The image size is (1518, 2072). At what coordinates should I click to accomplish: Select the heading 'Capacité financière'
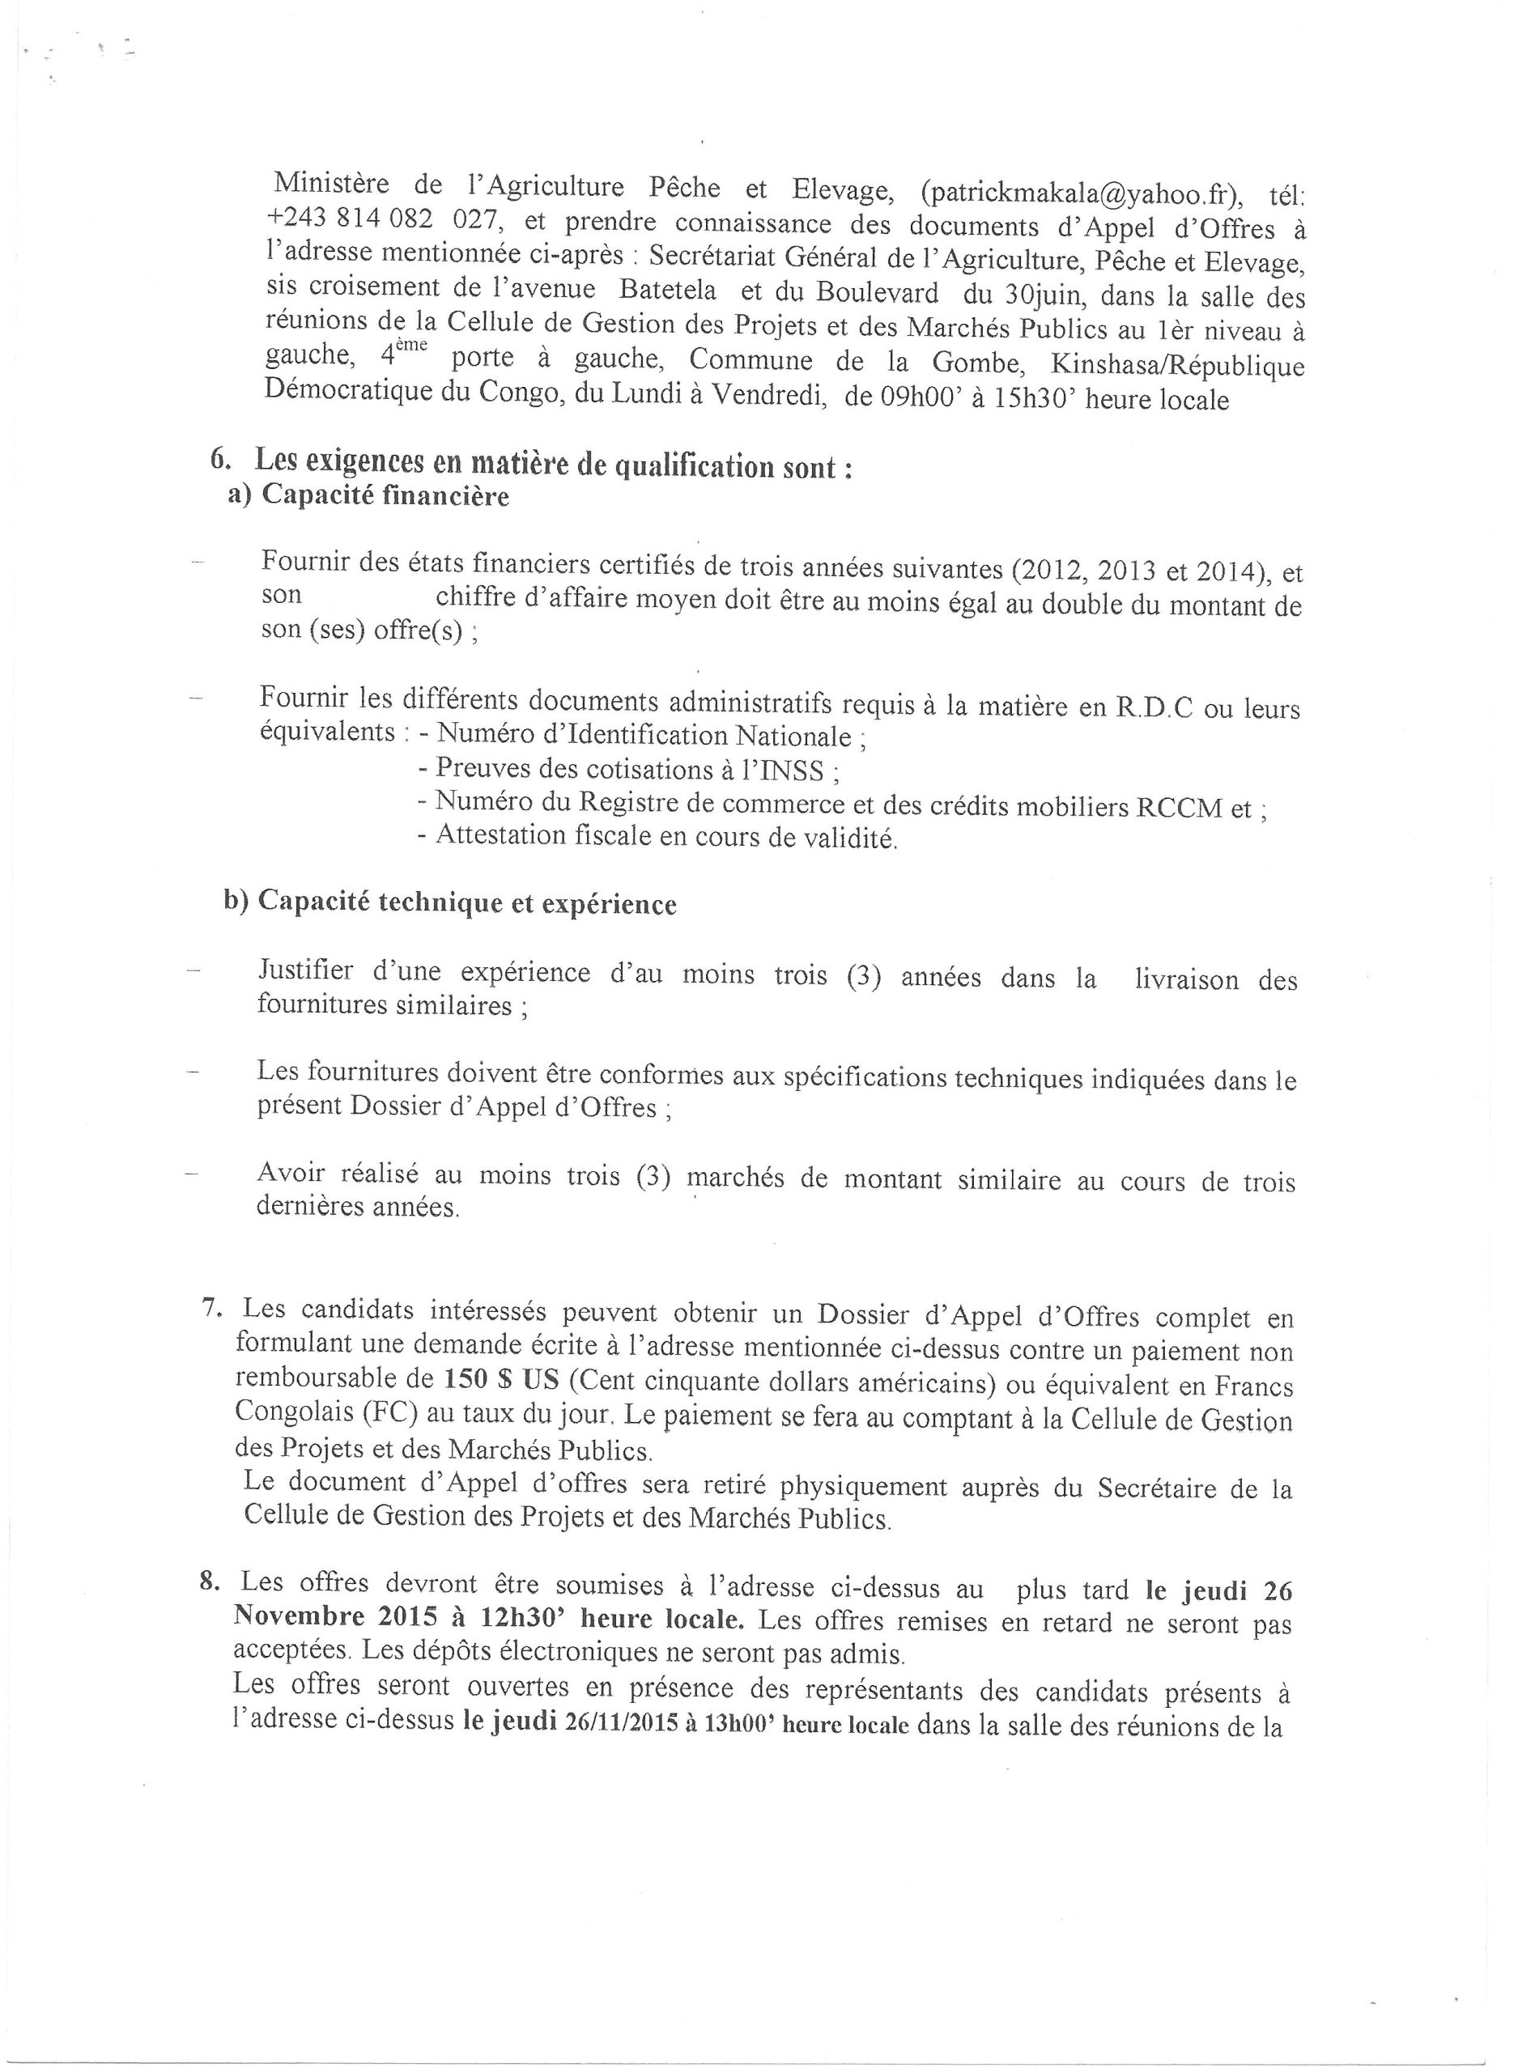[x=385, y=496]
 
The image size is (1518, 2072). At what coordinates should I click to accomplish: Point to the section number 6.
[x=219, y=458]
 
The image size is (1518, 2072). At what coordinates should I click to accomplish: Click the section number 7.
[x=209, y=1309]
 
